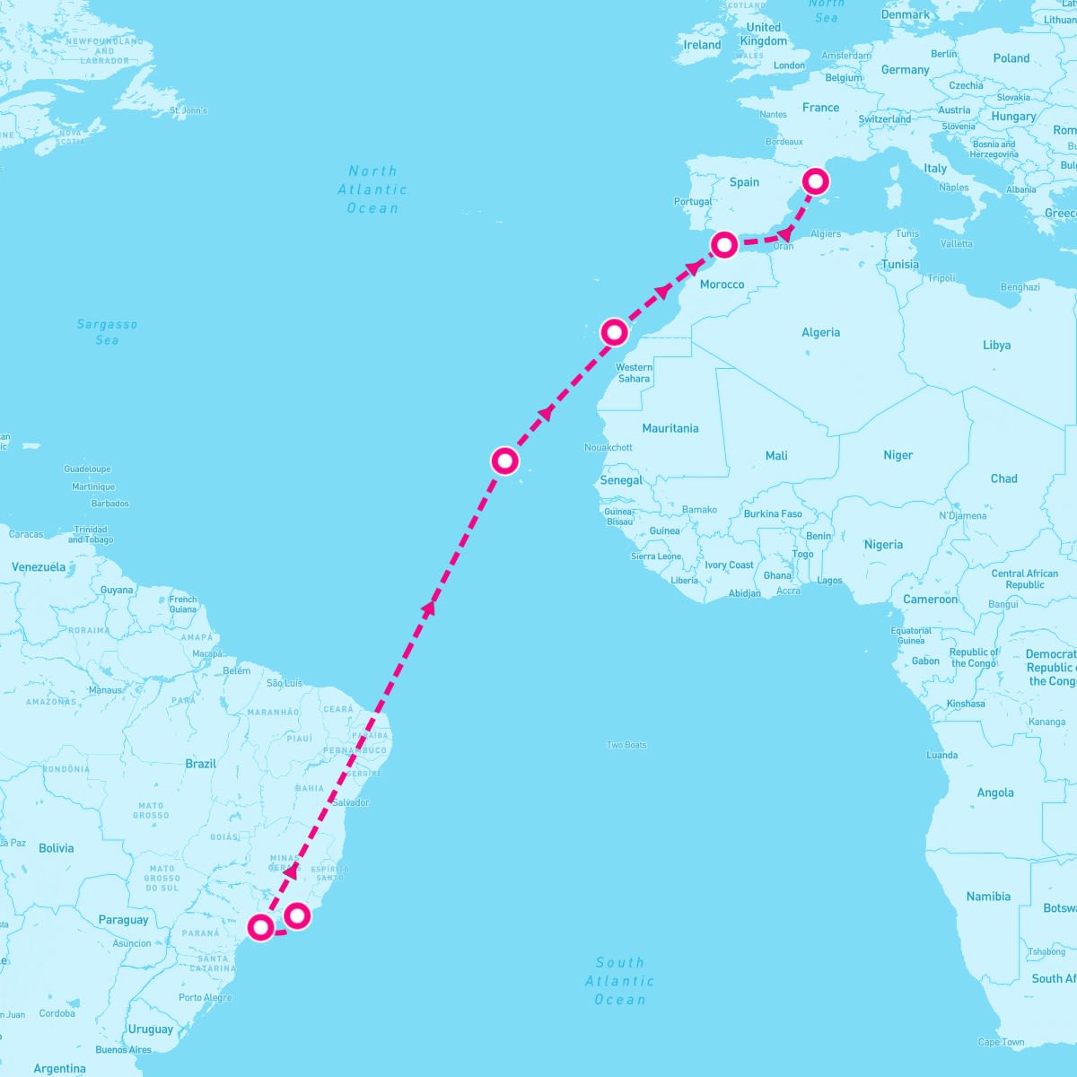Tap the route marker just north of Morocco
[x=724, y=244]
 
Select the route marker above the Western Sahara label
[x=614, y=332]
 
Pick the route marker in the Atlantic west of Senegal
[x=505, y=461]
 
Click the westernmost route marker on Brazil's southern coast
[x=260, y=926]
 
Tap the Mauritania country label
[x=670, y=428]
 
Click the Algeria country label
[x=820, y=333]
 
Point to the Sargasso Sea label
[x=107, y=332]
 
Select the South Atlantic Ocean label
[x=619, y=980]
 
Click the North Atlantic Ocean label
[x=372, y=189]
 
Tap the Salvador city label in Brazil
[x=350, y=802]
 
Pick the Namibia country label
[x=988, y=897]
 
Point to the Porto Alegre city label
[x=205, y=997]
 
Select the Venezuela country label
[x=39, y=567]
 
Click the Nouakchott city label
[x=609, y=447]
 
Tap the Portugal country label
[x=693, y=202]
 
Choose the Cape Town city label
[x=1001, y=1042]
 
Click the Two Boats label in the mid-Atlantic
[x=626, y=745]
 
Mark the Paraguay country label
[x=123, y=920]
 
